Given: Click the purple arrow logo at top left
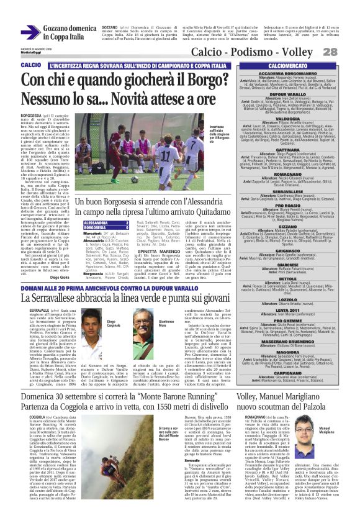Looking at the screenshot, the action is pos(30,32).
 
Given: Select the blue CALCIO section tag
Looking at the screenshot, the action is pos(30,65).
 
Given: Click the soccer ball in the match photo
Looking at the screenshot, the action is pos(134,180).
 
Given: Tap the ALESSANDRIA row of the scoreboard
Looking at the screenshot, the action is pos(97,222).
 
